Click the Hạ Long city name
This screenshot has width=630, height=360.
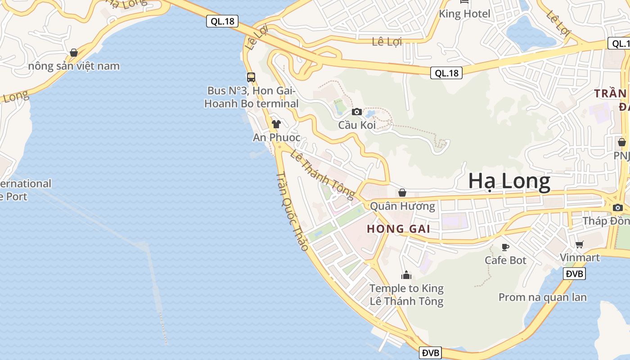coord(509,181)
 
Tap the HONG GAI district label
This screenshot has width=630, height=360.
coord(398,229)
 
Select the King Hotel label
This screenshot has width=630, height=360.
coord(464,14)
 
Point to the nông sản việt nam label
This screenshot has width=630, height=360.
coord(74,66)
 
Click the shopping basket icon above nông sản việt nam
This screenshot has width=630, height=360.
coord(74,53)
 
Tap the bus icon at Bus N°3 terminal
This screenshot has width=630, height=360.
coord(251,77)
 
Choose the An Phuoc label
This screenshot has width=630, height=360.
coord(276,137)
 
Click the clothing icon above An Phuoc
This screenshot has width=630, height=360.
coord(276,124)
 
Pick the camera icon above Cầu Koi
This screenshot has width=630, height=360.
coord(357,112)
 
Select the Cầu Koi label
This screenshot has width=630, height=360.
coord(357,125)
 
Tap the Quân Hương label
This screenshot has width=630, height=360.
coord(402,206)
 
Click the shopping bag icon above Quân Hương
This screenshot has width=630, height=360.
coord(402,193)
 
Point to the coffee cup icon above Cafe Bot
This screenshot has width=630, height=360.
coord(505,247)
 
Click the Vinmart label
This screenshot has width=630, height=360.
coord(580,257)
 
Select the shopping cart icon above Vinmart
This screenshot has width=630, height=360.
coord(579,244)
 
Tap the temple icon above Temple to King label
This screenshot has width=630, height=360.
coord(406,275)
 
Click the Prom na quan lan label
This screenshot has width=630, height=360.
coord(542,297)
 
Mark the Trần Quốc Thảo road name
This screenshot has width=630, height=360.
coord(292,211)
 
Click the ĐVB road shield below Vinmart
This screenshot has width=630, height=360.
coord(574,274)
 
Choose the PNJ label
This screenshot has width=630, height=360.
coord(621,155)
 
